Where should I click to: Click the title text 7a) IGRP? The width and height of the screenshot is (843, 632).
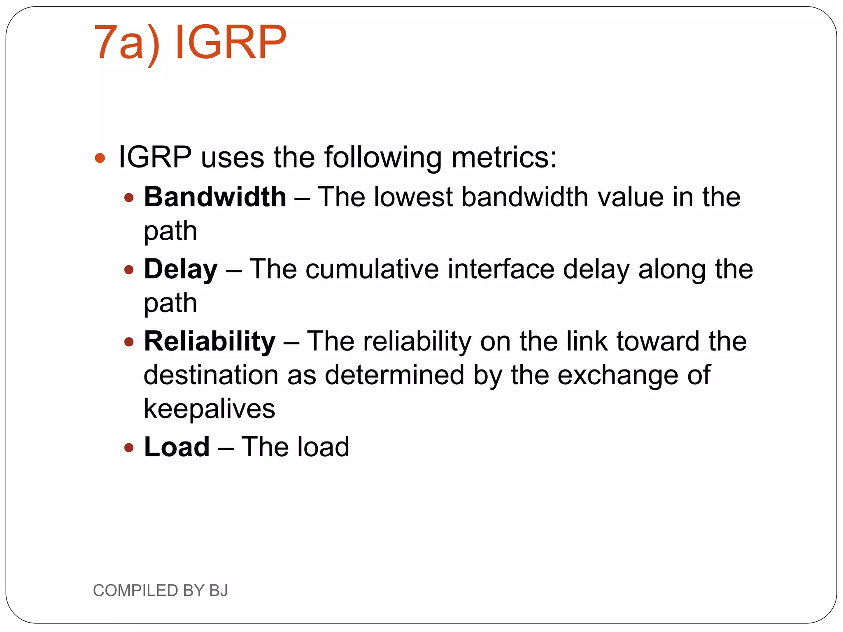coord(190,43)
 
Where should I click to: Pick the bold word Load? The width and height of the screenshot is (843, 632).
coord(177,447)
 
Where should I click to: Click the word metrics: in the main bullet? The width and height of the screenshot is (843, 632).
coord(504,157)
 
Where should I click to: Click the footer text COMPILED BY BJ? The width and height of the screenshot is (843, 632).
coord(160,590)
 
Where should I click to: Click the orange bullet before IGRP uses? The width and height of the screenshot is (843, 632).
coord(100,158)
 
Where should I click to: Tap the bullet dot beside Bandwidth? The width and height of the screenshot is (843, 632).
coord(129,198)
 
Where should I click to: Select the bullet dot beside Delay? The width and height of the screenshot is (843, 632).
coord(129,270)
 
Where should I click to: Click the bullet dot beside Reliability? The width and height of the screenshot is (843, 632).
coord(129,342)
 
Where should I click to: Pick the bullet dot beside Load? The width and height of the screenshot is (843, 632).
coord(129,448)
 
